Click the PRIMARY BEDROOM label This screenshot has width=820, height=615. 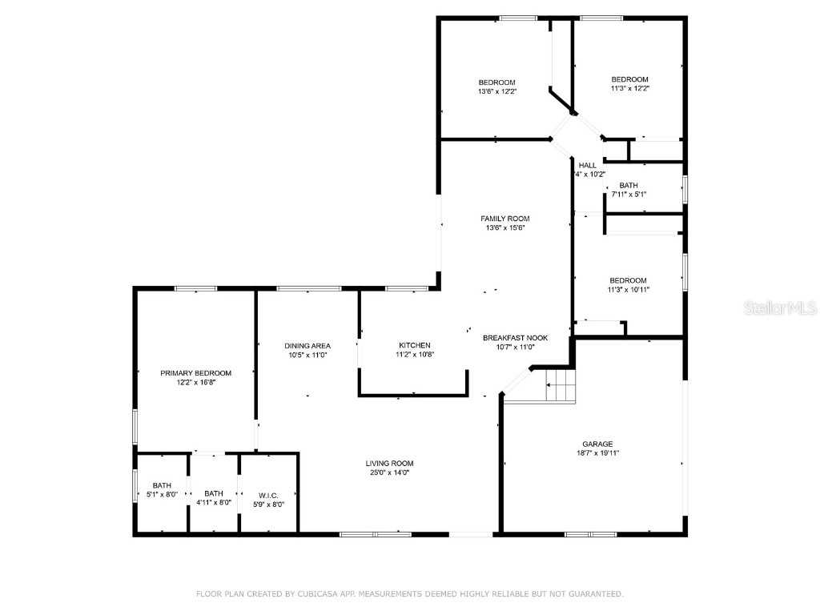(x=195, y=373)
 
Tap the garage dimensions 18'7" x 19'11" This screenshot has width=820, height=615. (x=597, y=453)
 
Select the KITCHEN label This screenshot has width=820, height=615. (x=414, y=345)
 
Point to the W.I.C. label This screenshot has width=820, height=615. (x=268, y=494)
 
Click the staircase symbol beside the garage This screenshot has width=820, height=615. (x=561, y=386)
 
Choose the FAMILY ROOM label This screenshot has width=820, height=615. (x=504, y=219)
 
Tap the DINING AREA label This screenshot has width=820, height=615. (x=307, y=345)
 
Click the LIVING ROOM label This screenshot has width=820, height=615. (x=389, y=463)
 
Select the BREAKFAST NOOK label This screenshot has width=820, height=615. (x=515, y=338)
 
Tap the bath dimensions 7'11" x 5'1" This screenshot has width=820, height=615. (x=629, y=195)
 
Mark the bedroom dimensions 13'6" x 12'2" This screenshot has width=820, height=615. (x=496, y=92)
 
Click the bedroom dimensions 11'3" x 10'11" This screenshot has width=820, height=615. (x=628, y=290)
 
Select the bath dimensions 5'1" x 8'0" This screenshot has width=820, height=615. (x=162, y=495)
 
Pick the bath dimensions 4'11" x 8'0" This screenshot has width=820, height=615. (x=213, y=503)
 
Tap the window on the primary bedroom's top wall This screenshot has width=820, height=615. (x=195, y=288)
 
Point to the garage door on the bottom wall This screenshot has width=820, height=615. (x=590, y=533)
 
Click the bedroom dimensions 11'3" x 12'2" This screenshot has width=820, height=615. (x=629, y=89)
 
